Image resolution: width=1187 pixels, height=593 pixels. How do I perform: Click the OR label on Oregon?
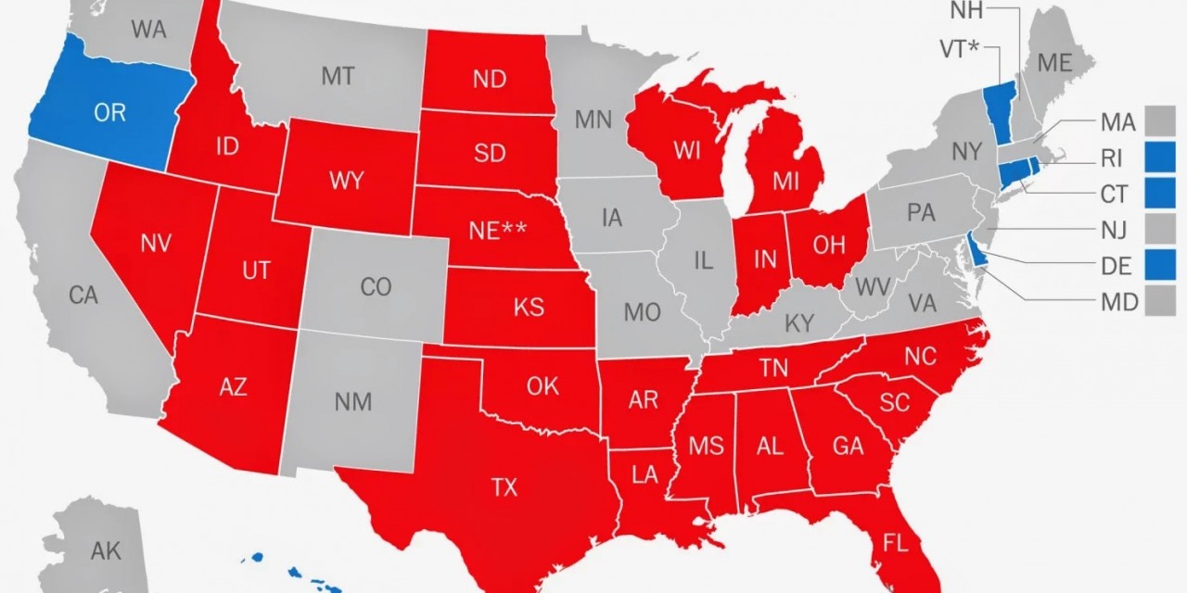click(109, 112)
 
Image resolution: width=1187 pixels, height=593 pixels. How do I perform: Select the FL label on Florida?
click(896, 543)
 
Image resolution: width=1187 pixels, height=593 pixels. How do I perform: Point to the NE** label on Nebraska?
click(497, 231)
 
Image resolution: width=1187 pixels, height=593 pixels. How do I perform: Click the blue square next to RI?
click(1159, 158)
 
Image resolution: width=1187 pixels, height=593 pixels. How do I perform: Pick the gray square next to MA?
click(1159, 121)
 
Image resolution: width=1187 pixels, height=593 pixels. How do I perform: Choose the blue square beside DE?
click(1159, 266)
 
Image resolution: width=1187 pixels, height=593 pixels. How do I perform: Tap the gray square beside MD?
click(1159, 302)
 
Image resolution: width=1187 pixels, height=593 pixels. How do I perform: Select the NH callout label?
click(967, 11)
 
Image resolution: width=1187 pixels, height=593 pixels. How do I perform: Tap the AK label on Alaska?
click(106, 551)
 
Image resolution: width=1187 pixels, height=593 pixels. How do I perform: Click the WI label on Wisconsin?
click(687, 151)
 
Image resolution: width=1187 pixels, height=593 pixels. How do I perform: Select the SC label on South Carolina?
click(895, 402)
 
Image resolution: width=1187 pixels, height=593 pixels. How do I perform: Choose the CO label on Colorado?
click(376, 287)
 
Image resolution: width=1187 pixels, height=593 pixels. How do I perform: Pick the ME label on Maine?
click(1054, 63)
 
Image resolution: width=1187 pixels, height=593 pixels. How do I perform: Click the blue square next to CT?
click(1159, 194)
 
